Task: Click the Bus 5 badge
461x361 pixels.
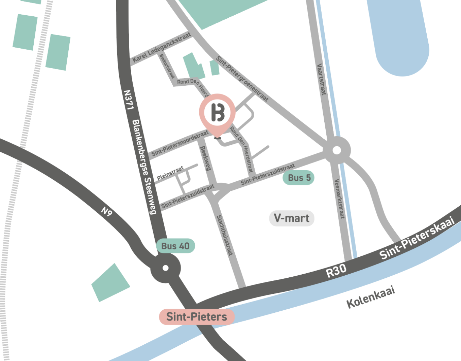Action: tap(299, 178)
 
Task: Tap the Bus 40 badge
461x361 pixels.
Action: tap(175, 246)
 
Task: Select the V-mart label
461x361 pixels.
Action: tap(292, 219)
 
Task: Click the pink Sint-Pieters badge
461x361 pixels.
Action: tap(197, 317)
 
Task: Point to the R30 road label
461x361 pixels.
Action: tap(336, 271)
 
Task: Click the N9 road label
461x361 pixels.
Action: tap(107, 212)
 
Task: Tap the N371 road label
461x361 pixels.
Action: tap(128, 100)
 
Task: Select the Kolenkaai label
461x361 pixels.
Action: tap(371, 297)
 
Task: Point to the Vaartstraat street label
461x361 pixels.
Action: tap(321, 79)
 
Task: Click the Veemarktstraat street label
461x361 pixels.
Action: tap(339, 199)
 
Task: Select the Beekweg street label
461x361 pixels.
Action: tap(205, 158)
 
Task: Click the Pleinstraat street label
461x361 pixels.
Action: tap(170, 173)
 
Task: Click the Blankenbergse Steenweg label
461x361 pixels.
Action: tap(144, 167)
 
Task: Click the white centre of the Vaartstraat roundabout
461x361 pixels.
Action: tap(337, 150)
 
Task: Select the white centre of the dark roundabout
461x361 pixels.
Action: tap(166, 268)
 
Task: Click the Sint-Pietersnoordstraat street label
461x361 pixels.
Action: tap(180, 143)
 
